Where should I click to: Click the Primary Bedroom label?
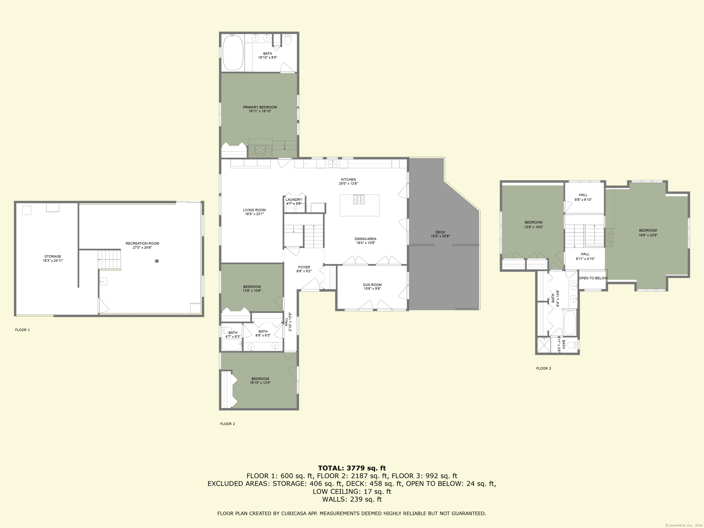click(x=260, y=107)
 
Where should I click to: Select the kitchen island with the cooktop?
click(x=359, y=206)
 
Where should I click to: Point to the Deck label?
click(x=440, y=232)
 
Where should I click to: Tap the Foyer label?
click(x=304, y=267)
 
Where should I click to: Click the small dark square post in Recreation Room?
click(x=157, y=261)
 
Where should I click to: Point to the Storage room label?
click(x=53, y=256)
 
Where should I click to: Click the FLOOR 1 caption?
click(x=22, y=330)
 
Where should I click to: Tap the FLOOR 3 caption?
click(x=543, y=368)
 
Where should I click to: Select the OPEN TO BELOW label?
click(x=593, y=278)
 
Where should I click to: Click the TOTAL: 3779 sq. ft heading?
click(x=352, y=468)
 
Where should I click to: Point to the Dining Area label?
click(x=365, y=239)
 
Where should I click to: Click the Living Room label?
click(x=254, y=210)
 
